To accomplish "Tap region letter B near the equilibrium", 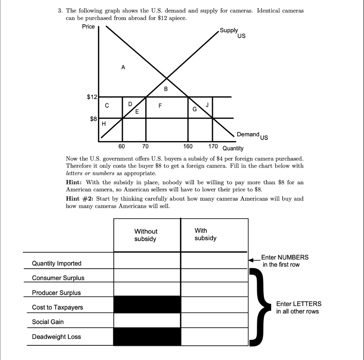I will click(x=166, y=89).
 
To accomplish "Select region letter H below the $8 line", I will click(x=104, y=124).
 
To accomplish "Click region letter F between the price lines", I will click(x=160, y=105).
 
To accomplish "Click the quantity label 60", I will click(x=122, y=146).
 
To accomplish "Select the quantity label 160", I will click(x=188, y=146).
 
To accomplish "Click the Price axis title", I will click(x=88, y=27).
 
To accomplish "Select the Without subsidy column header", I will click(x=146, y=235).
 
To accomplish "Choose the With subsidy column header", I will click(x=205, y=234).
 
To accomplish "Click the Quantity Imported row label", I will click(x=57, y=263).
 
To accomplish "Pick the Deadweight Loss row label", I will click(x=56, y=337).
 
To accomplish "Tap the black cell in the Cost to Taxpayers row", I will click(x=147, y=305).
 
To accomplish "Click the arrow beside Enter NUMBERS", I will click(x=254, y=260).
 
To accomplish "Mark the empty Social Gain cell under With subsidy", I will click(x=214, y=320).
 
